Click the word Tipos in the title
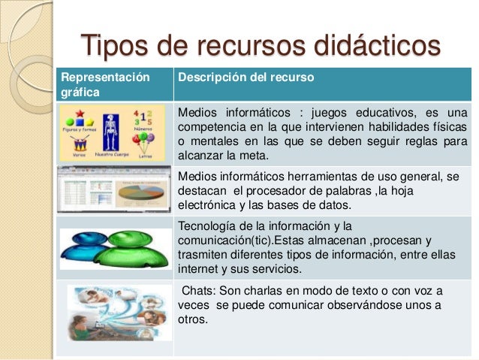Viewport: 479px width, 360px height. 112,46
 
